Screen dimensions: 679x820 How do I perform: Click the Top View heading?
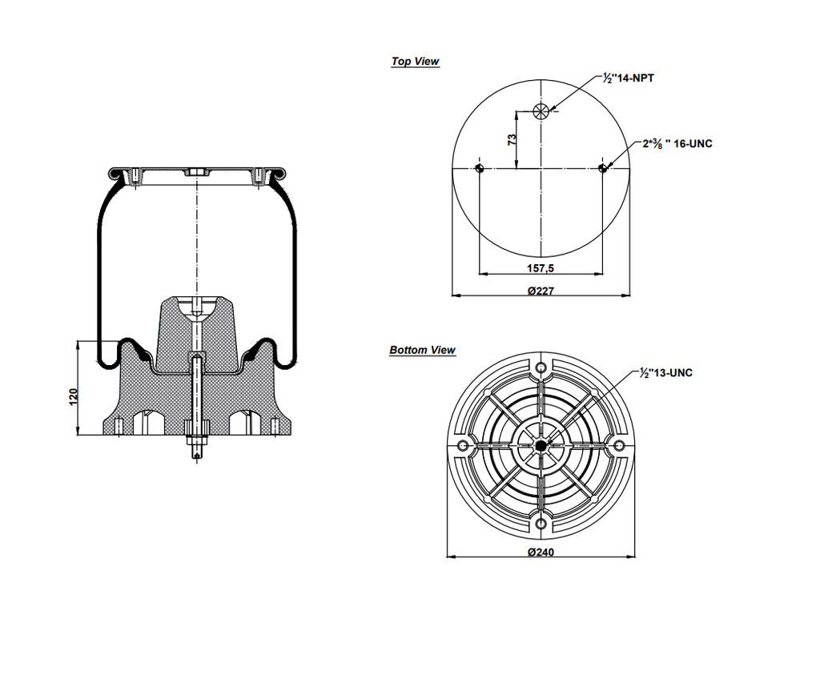[415, 62]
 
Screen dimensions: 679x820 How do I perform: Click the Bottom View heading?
[422, 350]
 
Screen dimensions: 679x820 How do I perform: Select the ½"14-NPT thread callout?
[629, 78]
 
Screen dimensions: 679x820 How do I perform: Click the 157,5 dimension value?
[541, 267]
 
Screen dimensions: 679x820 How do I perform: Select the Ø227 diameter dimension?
[541, 290]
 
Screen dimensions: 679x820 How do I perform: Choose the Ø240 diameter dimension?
[541, 551]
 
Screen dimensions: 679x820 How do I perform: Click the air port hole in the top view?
[541, 111]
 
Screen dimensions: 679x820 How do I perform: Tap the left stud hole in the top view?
[479, 167]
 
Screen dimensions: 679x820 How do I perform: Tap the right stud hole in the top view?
[603, 167]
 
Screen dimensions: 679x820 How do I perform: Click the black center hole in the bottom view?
[541, 446]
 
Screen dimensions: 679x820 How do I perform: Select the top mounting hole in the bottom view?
[541, 368]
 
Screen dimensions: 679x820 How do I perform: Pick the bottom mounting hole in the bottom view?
[541, 524]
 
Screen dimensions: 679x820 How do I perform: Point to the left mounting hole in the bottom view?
[463, 446]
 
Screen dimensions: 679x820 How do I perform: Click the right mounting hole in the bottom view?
[620, 446]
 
